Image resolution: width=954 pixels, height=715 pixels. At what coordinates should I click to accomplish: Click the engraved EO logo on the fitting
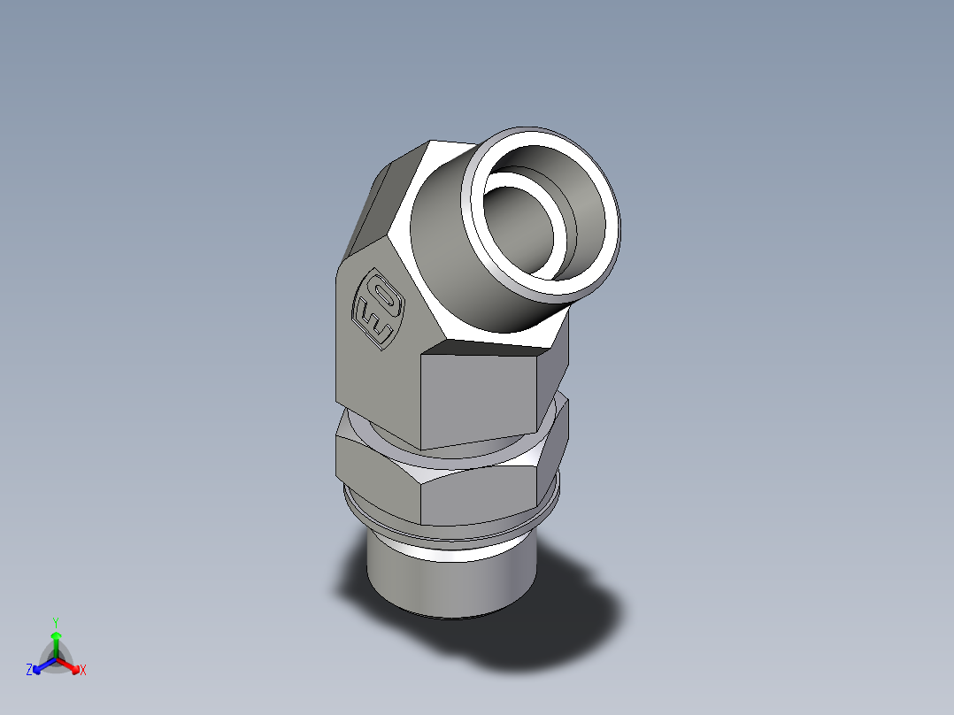(379, 311)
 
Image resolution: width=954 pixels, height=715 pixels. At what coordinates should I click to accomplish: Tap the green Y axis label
(55, 621)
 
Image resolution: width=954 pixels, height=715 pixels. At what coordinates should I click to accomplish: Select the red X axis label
(83, 671)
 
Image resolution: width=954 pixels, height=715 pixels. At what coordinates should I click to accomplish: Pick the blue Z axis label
(29, 671)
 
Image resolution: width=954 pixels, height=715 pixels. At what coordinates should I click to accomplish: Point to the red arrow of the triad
(71, 665)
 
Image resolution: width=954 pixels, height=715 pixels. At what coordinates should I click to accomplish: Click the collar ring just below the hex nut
(451, 532)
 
